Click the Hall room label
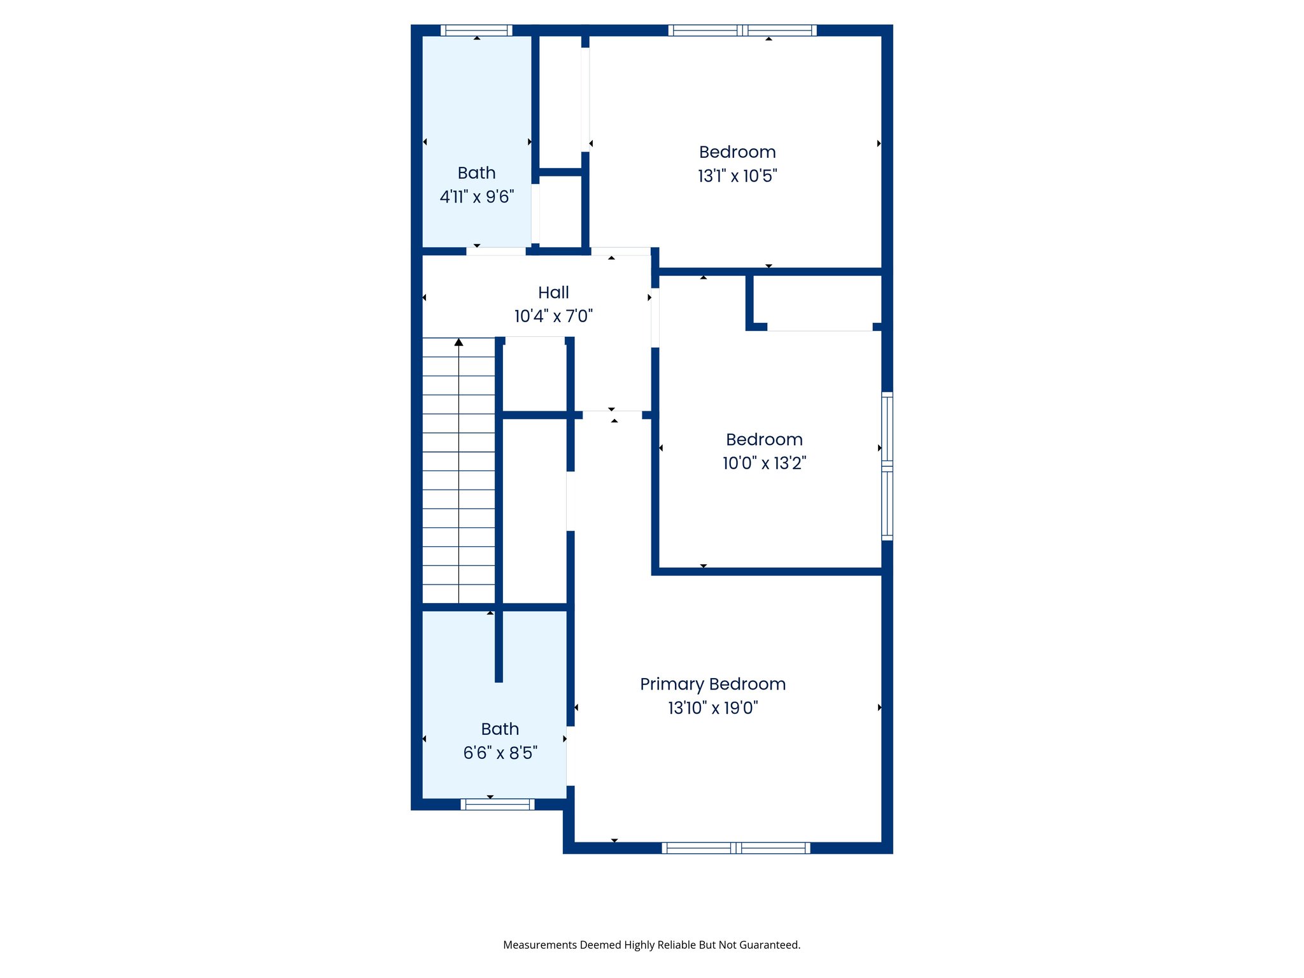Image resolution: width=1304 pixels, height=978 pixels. coord(553,292)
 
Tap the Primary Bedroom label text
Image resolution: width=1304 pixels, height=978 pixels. coord(712,684)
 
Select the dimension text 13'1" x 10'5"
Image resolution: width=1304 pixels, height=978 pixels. coord(737,176)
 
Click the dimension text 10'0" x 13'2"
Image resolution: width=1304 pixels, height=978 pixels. coord(764,463)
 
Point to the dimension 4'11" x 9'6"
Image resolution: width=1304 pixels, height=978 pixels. coord(477,197)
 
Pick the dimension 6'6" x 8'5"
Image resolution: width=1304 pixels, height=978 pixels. coord(500,753)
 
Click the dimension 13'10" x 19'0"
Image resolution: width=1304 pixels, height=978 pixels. coord(712,707)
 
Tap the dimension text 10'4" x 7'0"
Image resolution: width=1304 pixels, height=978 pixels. coord(553,316)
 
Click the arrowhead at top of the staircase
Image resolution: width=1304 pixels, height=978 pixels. coord(458,343)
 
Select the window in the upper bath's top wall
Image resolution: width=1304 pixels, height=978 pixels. coord(476,30)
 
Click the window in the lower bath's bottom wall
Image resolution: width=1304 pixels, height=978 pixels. coord(497,804)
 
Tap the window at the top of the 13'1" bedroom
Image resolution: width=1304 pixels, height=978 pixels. coord(742,30)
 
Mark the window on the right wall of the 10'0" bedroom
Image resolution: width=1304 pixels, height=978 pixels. coord(887,466)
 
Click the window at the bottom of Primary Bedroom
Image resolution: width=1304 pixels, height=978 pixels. coord(735,847)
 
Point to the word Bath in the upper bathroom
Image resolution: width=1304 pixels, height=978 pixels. coord(476,173)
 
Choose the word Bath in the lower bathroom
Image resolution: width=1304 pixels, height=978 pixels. coord(500,729)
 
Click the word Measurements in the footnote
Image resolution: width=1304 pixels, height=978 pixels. coord(539,945)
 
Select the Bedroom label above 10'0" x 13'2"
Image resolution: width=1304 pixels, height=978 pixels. coord(764,439)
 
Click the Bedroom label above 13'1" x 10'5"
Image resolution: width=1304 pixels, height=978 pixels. coord(737,152)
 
